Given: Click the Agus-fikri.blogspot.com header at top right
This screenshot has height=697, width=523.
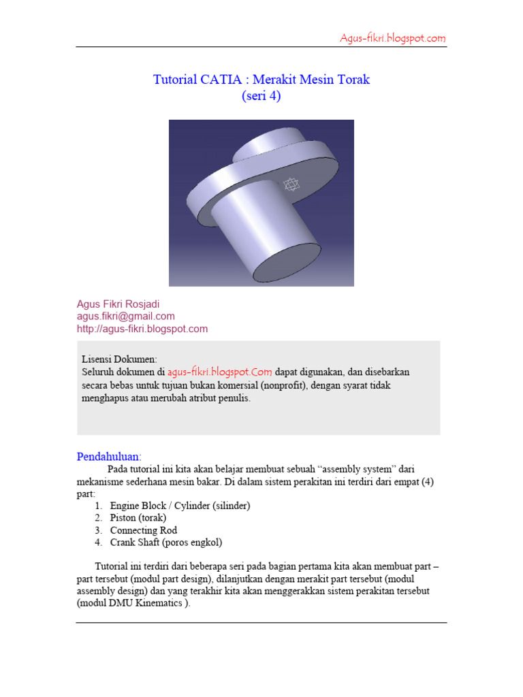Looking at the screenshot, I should (393, 38).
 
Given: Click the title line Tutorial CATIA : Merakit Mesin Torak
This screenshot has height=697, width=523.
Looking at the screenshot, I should (261, 80).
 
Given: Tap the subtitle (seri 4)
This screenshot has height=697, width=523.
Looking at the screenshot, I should (261, 96).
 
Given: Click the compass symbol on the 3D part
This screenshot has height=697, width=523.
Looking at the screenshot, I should (291, 184).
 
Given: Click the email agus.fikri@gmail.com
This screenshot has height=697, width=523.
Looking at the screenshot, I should (126, 316).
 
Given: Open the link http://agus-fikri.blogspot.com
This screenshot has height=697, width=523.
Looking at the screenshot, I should (142, 329).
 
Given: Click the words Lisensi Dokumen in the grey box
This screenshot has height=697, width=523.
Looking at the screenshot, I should (119, 359).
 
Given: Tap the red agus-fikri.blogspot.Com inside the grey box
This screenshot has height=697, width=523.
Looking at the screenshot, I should (220, 372).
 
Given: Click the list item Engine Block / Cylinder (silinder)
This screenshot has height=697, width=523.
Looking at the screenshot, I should (180, 506).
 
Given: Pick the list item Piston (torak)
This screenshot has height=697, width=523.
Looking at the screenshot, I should (138, 518).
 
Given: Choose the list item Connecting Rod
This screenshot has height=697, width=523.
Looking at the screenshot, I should (144, 530).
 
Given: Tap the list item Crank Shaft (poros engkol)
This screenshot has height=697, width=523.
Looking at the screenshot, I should (166, 542).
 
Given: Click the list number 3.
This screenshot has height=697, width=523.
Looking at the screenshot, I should (99, 530).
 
